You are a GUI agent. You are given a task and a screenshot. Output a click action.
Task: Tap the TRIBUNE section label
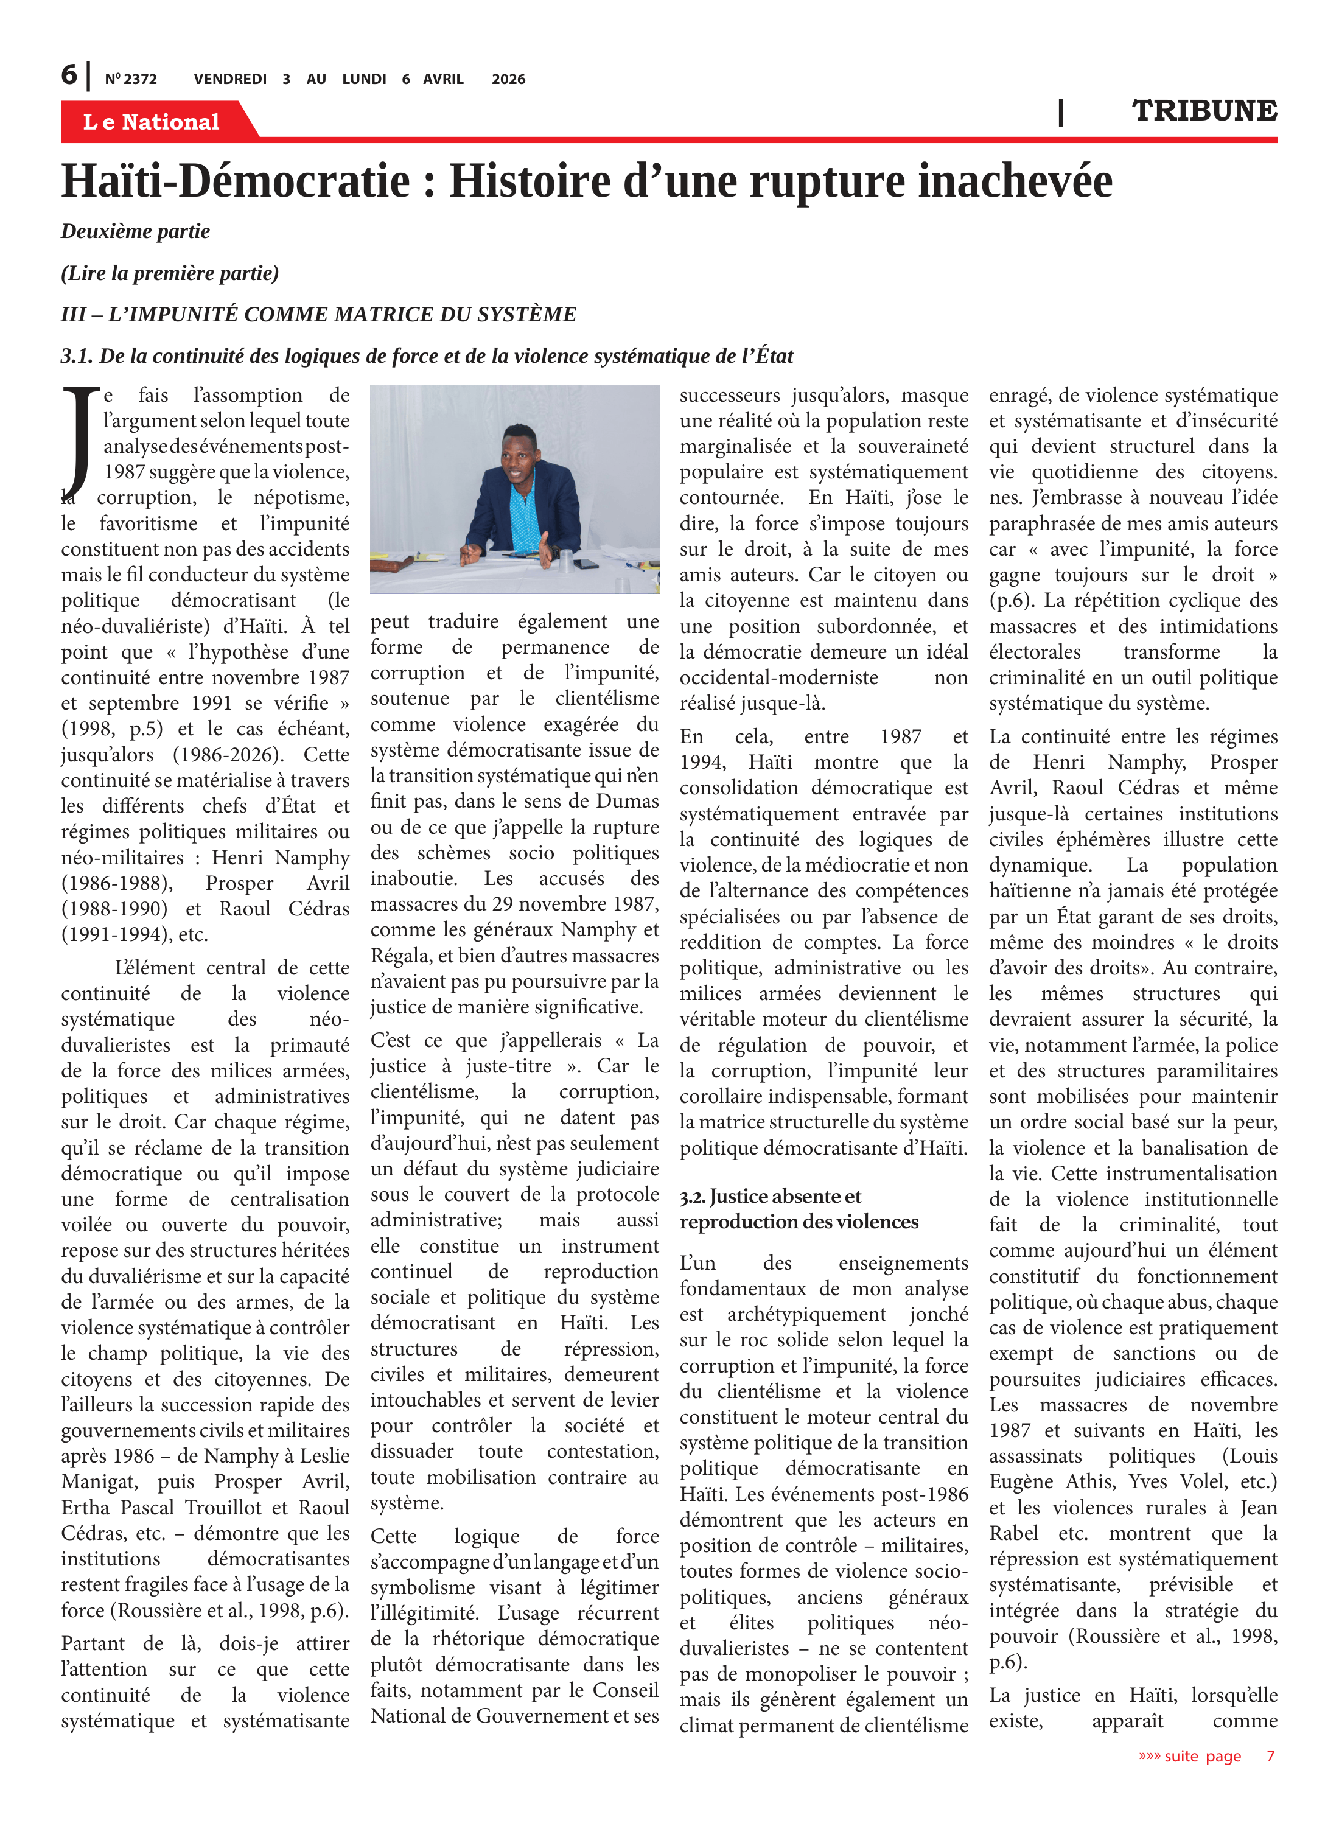pos(1204,111)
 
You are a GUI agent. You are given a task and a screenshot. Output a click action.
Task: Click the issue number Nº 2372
pos(130,79)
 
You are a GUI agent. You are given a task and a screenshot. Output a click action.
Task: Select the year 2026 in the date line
pos(508,79)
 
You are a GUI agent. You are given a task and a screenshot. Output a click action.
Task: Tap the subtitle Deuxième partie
pos(135,232)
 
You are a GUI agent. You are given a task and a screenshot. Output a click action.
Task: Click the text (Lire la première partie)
pos(169,273)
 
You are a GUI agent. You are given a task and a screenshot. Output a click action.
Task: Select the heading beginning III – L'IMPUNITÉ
pos(318,315)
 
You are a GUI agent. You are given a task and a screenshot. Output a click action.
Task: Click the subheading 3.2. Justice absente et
pos(770,1196)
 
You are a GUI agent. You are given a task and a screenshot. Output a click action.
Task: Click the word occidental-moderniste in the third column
pos(778,677)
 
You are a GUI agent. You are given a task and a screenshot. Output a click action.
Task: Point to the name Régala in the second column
pos(400,956)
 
